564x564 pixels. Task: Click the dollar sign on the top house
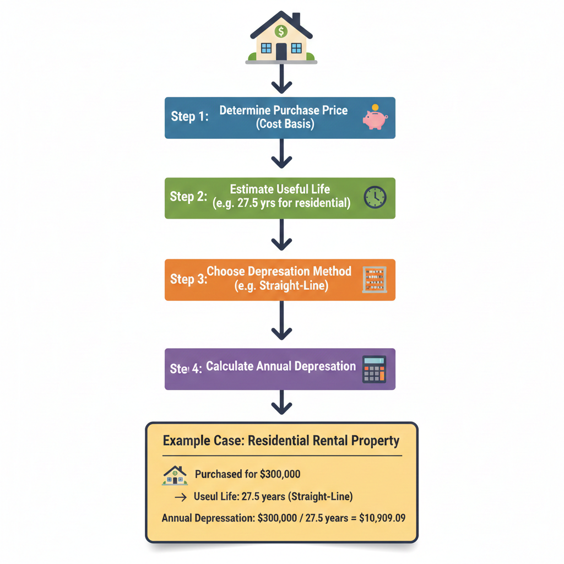[281, 31]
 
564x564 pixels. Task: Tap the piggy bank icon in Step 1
[375, 118]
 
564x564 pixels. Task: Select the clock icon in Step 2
[375, 197]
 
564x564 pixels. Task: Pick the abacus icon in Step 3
[375, 279]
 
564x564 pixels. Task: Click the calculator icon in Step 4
[375, 369]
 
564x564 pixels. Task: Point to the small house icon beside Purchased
[175, 475]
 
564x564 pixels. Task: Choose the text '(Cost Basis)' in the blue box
[285, 124]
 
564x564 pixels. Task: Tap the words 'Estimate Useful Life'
[280, 189]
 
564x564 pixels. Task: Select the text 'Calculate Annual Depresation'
[281, 366]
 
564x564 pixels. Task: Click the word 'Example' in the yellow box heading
[187, 441]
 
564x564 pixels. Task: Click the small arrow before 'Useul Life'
[180, 497]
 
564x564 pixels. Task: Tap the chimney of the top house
[296, 19]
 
